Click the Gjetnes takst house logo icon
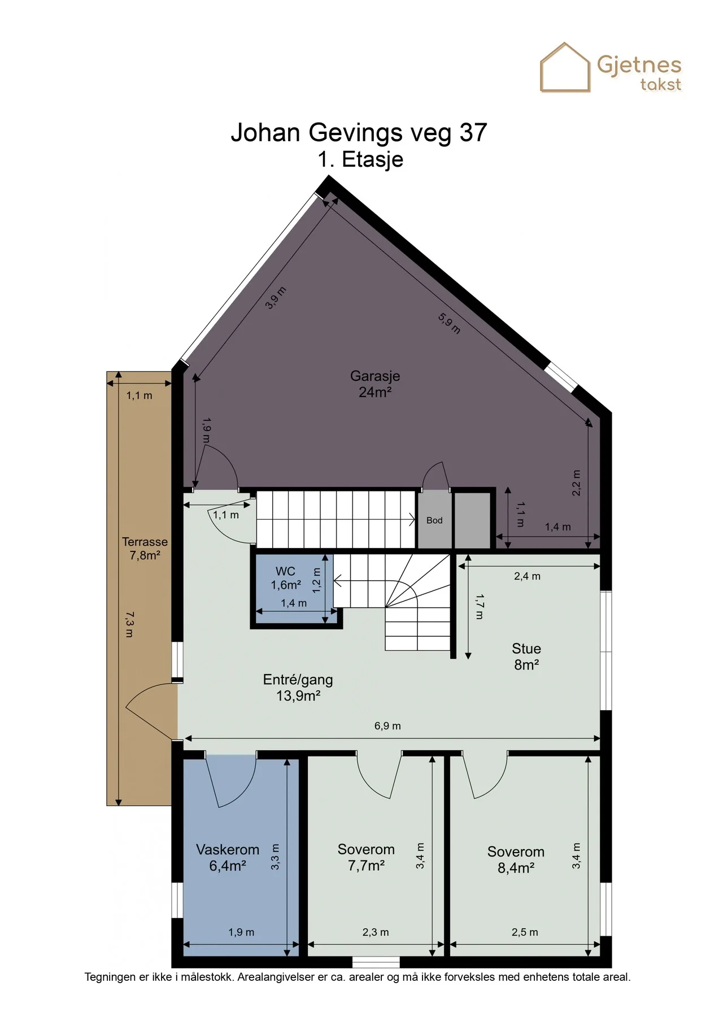point(565,67)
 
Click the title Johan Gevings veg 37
point(359,133)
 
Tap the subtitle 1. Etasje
point(360,159)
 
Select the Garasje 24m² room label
point(375,384)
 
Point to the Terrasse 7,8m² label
point(145,549)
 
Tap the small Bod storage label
point(434,520)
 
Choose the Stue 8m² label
point(526,657)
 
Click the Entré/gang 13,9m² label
point(298,688)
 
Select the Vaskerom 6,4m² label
point(228,857)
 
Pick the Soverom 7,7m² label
point(366,857)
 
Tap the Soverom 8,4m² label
point(516,859)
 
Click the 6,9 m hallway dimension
point(387,726)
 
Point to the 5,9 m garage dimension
point(450,323)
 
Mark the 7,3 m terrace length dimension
point(129,624)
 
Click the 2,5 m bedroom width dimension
point(525,932)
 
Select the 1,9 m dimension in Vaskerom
point(241,932)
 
